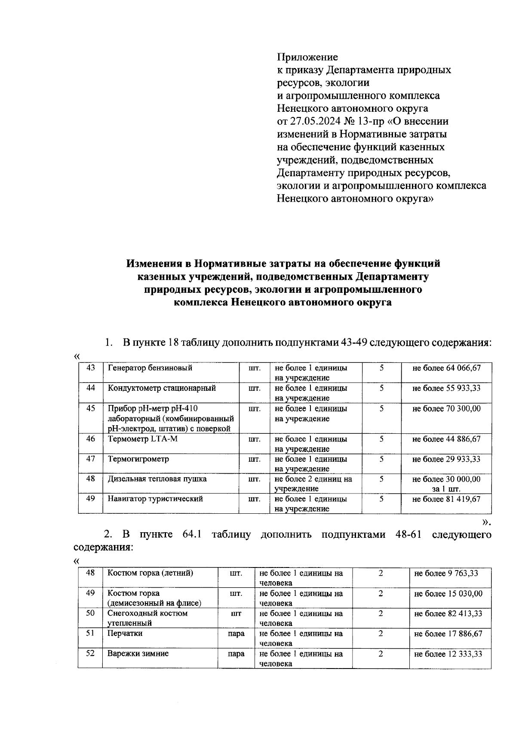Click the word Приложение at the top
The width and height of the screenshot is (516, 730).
307,57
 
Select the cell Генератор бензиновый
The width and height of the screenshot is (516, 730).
150,368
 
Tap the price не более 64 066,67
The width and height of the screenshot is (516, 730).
446,368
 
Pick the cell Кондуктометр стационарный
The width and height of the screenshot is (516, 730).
162,388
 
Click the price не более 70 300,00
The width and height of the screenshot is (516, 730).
446,408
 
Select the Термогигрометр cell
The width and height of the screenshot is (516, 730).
139,459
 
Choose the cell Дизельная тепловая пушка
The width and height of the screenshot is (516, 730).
157,479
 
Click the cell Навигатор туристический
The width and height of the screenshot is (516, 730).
155,499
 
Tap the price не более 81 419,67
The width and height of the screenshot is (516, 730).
446,499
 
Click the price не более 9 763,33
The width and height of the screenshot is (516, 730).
446,573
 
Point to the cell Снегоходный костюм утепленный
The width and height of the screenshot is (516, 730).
147,618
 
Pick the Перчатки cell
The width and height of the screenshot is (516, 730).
125,633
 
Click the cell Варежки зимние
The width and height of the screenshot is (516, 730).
138,653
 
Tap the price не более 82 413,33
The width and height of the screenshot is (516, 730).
448,613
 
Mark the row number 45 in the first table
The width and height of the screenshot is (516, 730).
90,408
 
